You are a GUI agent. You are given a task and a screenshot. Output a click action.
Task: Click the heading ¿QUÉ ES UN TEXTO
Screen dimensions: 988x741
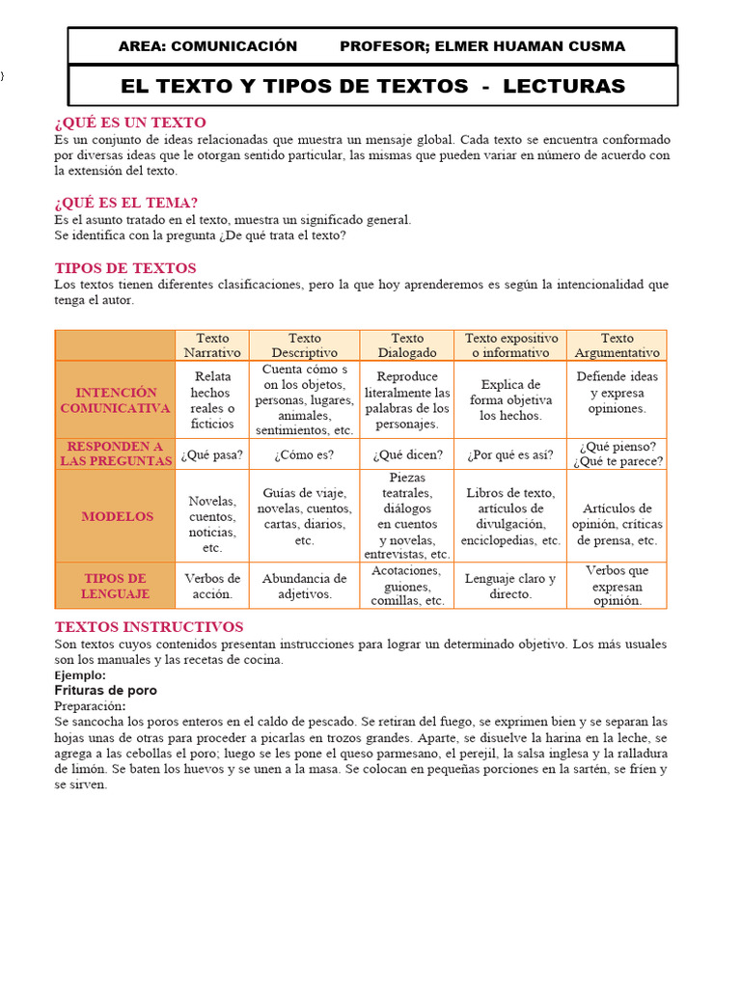[x=130, y=123]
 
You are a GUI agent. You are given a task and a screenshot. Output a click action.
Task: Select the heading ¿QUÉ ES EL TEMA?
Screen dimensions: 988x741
[x=126, y=203]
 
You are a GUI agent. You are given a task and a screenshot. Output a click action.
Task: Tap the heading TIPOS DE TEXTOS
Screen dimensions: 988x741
[x=125, y=268]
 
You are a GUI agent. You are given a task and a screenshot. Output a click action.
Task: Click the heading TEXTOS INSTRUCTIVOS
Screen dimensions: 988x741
[x=150, y=627]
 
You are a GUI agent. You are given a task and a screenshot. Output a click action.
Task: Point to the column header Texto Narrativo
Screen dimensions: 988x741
[x=212, y=345]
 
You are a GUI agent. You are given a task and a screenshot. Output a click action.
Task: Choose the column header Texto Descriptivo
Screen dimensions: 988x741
[x=305, y=345]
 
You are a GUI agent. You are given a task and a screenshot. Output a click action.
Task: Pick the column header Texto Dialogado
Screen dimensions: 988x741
[x=407, y=345]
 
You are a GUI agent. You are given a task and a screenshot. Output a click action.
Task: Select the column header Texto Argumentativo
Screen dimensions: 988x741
[x=617, y=345]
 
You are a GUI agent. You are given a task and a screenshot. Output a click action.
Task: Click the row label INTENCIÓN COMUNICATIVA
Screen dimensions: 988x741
[x=115, y=400]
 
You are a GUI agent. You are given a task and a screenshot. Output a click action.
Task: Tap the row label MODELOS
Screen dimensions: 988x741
[x=117, y=517]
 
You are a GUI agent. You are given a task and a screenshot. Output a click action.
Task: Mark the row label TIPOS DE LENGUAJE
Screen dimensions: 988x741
[x=115, y=587]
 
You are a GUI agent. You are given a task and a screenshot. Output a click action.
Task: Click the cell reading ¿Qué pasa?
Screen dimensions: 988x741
[x=212, y=454]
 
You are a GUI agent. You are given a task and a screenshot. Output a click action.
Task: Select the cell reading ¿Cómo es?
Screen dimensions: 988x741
[x=305, y=454]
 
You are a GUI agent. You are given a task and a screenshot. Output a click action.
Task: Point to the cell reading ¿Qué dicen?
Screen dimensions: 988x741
[x=407, y=454]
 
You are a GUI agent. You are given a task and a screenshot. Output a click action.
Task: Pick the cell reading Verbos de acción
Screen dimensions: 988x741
[x=212, y=587]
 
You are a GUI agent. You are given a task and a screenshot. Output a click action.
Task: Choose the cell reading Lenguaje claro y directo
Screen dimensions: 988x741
[x=510, y=587]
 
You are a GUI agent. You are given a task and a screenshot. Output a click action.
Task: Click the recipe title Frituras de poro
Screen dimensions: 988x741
[x=106, y=691]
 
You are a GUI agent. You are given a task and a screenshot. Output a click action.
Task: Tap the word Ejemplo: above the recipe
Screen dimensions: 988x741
[x=80, y=675]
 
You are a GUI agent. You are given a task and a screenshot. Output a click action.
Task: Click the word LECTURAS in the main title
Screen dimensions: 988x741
[x=564, y=86]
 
